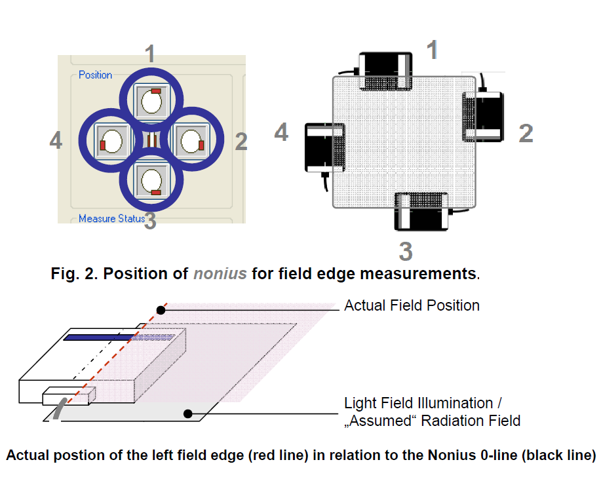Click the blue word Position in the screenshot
[x=96, y=75]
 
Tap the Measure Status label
[x=111, y=218]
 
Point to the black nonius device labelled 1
[x=385, y=70]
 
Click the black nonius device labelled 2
[x=484, y=116]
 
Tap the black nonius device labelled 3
[x=421, y=212]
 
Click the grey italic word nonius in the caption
[x=220, y=273]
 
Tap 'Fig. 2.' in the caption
[x=74, y=273]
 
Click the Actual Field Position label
[x=412, y=305]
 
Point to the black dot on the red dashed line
[x=161, y=309]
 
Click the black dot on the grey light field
[x=188, y=413]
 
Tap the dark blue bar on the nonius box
[x=98, y=337]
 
